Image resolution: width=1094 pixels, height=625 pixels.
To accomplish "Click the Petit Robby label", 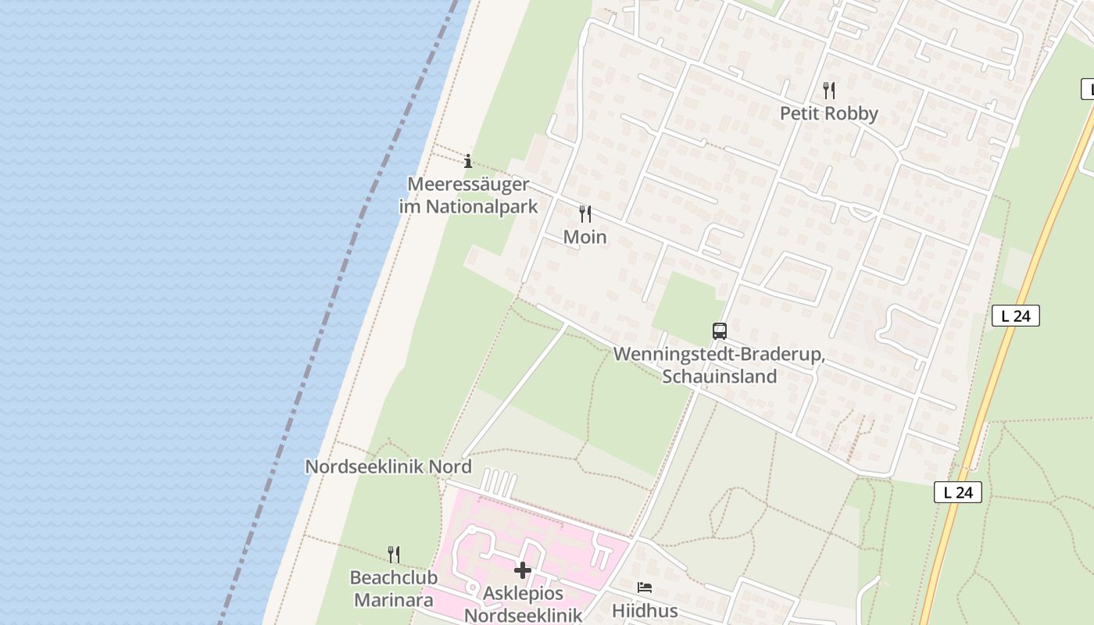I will click(828, 113).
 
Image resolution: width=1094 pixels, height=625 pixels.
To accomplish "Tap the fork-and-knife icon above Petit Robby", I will click(828, 91).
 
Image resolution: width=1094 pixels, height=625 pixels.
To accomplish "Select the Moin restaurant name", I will click(585, 237).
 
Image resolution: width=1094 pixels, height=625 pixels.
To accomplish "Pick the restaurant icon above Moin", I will click(585, 213).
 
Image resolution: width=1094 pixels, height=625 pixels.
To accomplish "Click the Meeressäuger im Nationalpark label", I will click(468, 195).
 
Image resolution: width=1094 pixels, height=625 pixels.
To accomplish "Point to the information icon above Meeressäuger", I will click(468, 162).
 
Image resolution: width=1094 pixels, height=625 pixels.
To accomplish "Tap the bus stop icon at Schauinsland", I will click(719, 330).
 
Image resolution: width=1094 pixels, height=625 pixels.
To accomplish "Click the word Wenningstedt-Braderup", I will click(719, 354).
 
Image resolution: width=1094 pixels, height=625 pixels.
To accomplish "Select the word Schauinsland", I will click(719, 376).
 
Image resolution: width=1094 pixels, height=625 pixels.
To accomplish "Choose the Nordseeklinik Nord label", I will click(388, 466).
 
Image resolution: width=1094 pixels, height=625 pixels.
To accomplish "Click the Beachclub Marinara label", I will click(391, 589).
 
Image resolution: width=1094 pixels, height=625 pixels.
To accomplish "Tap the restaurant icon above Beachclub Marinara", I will click(394, 555).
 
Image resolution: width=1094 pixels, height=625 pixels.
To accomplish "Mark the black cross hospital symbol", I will click(523, 571).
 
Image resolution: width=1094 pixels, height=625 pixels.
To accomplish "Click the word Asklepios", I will click(523, 594).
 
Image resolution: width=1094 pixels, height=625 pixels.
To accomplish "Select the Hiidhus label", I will click(645, 610).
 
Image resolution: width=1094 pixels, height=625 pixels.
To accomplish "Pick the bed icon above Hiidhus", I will click(645, 587).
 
